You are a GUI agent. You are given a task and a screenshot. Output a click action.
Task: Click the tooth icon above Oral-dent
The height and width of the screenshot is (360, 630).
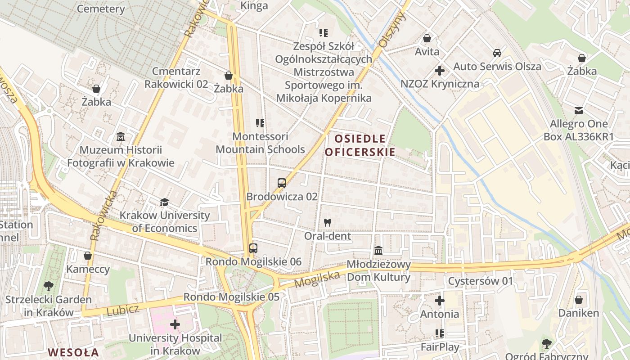327,222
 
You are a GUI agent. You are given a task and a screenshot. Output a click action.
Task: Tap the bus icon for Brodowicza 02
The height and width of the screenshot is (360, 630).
282,183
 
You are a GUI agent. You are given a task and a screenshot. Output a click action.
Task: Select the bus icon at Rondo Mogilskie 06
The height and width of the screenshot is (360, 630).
253,248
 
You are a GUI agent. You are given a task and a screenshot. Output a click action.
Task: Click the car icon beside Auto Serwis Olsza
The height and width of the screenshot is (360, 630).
497,53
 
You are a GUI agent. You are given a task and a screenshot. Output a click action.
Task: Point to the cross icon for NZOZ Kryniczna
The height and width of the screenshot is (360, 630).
440,71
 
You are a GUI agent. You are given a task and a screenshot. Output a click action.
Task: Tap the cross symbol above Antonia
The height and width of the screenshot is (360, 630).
440,301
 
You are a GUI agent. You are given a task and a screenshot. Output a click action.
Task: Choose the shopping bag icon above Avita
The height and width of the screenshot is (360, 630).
427,38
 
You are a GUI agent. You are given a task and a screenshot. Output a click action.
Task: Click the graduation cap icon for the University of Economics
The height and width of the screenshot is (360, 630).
164,202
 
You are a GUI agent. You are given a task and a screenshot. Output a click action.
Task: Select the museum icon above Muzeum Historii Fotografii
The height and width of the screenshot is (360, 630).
121,136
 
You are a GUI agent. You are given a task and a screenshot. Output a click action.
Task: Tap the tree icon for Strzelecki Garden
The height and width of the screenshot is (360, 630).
48,286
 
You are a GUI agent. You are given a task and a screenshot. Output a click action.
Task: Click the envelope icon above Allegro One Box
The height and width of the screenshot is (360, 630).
579,110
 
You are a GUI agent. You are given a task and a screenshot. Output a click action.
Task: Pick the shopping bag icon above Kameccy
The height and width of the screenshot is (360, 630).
88,256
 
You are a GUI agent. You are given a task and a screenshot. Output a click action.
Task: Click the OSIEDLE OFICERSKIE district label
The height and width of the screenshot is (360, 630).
360,145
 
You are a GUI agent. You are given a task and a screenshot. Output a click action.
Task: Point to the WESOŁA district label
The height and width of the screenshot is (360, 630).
73,352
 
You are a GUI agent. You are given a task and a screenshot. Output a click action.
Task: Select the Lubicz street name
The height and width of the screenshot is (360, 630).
123,310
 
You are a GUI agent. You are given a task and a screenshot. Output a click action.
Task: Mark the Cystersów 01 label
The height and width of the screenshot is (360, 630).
481,281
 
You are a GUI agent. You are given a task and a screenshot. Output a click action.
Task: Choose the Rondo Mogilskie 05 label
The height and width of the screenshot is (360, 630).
231,297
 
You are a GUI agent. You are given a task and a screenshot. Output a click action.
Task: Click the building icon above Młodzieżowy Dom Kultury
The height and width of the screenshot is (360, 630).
378,250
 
